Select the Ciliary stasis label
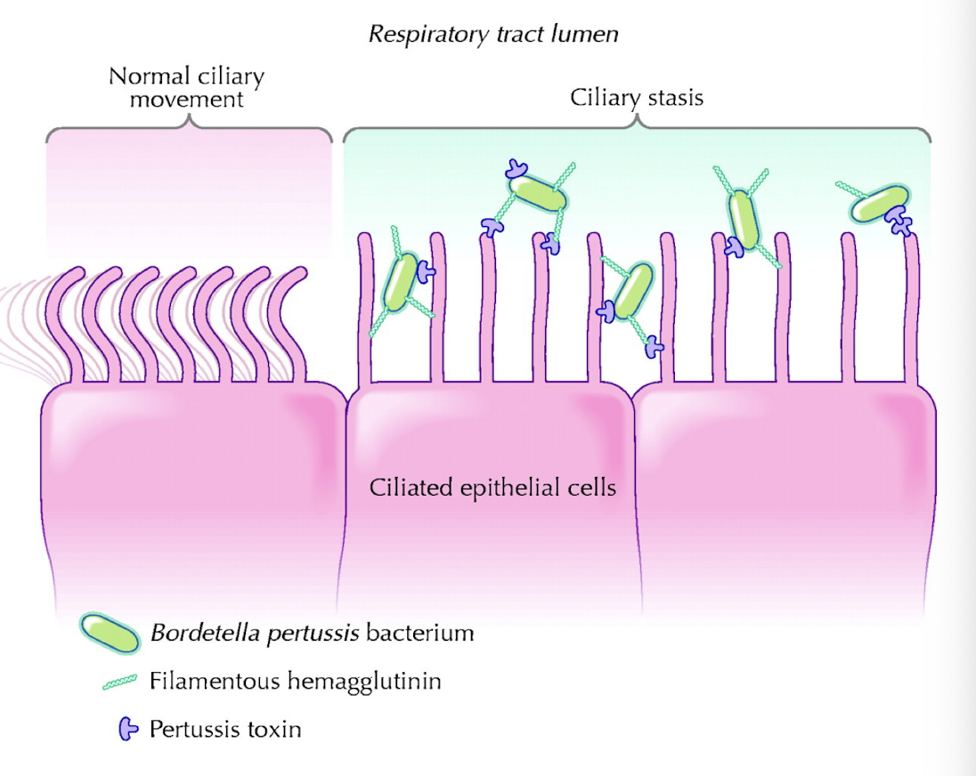coord(636,97)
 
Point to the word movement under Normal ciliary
coord(186,99)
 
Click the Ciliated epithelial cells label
coord(492,487)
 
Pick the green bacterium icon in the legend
coord(110,634)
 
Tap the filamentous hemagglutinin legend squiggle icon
coord(120,682)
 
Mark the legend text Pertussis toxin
coord(225,730)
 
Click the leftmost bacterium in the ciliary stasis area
coord(401,281)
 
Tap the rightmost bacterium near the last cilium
coord(874,205)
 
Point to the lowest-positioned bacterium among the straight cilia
coord(633,291)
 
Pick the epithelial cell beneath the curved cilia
coord(191,489)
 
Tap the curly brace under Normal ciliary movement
coord(189,129)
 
